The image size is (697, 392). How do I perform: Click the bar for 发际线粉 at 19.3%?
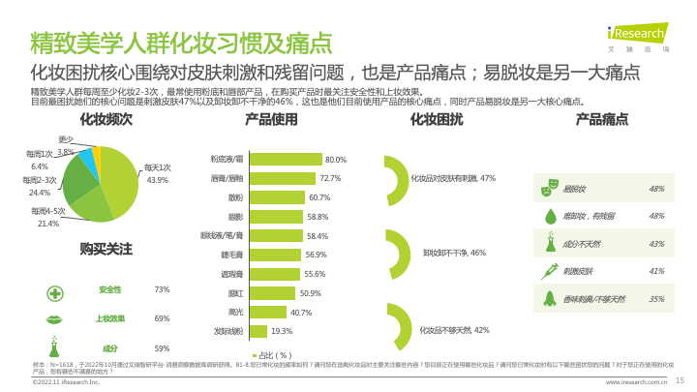[258, 331]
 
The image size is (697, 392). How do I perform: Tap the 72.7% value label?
[330, 178]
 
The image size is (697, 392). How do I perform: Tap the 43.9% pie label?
[158, 180]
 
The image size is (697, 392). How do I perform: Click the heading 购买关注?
[106, 249]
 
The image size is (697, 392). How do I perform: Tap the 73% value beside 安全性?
[162, 289]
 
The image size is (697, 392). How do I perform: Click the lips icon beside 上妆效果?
[55, 318]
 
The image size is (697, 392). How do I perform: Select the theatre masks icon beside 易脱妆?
[550, 188]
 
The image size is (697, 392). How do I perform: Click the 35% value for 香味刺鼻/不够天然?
[656, 299]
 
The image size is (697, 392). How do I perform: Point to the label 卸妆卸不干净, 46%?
[454, 252]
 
